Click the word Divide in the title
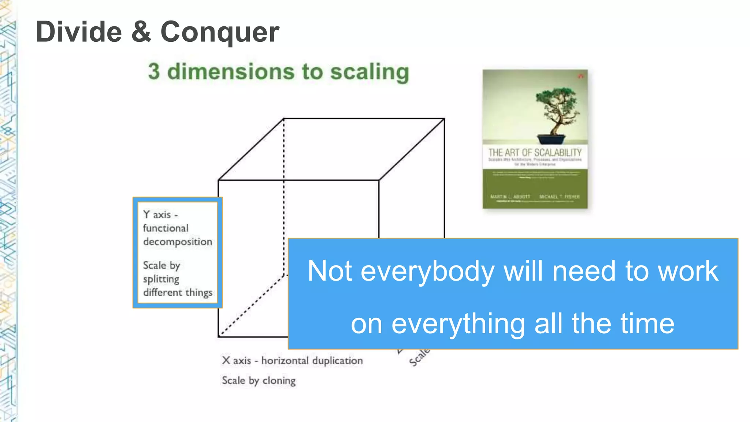[x=79, y=32]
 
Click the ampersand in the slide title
[x=141, y=32]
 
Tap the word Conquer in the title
[x=220, y=32]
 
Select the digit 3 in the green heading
[x=154, y=71]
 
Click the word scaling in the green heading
[x=370, y=72]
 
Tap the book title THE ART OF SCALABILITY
[x=535, y=152]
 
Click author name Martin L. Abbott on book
[x=510, y=197]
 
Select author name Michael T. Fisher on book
[x=559, y=197]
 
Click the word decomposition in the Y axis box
[x=178, y=242]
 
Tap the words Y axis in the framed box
[x=157, y=215]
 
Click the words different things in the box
[x=178, y=292]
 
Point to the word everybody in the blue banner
[x=427, y=271]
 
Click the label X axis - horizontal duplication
[x=292, y=360]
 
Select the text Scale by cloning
[x=259, y=381]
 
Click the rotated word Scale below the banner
[x=419, y=358]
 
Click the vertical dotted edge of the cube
[x=284, y=198]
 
